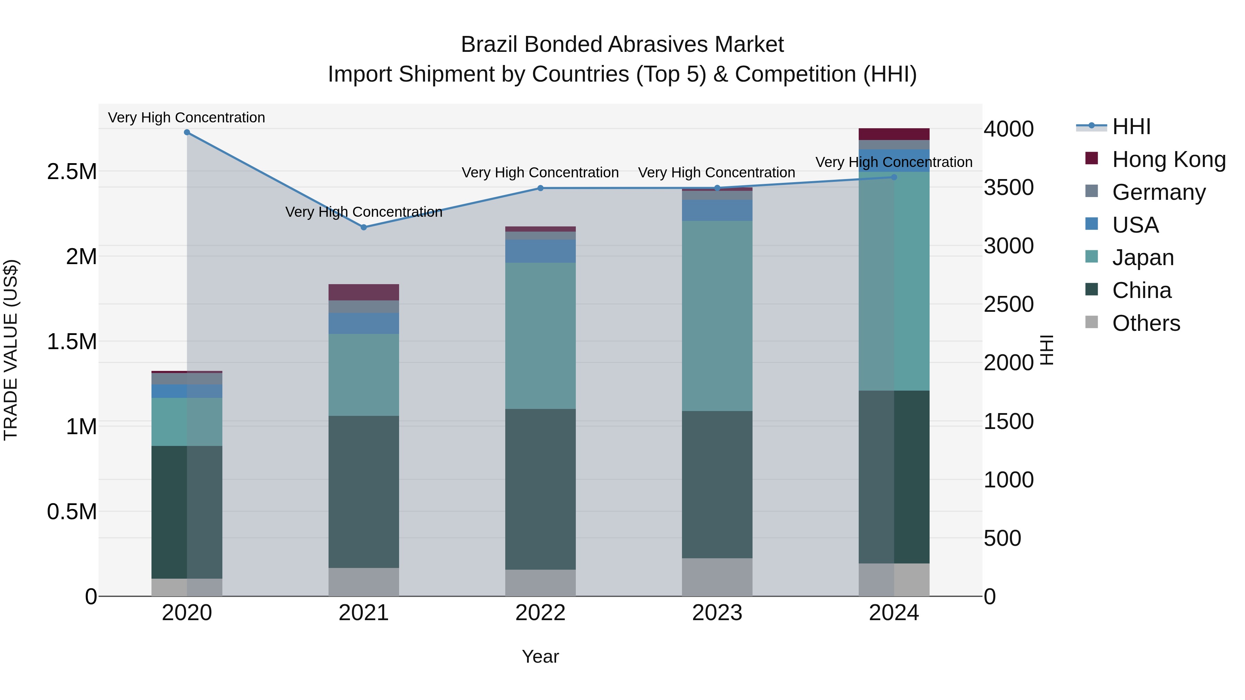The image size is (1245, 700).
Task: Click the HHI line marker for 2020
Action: tap(187, 132)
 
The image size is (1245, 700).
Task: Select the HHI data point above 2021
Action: tap(364, 227)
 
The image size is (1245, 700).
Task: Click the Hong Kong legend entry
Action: tap(1169, 159)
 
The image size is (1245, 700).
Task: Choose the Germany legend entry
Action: tap(1159, 192)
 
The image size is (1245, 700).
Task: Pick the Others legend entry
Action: tap(1146, 323)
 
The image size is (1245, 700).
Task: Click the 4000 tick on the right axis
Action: tap(1009, 129)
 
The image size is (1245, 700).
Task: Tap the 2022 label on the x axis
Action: tap(540, 613)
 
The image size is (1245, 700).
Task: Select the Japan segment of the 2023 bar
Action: tap(717, 316)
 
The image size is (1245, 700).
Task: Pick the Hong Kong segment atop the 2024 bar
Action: tap(894, 134)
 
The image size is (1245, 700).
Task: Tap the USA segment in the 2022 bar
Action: tap(540, 251)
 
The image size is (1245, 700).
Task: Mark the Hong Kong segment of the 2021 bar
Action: tap(364, 292)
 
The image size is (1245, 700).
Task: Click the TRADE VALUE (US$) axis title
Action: tap(11, 350)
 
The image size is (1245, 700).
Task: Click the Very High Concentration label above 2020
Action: tap(186, 118)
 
